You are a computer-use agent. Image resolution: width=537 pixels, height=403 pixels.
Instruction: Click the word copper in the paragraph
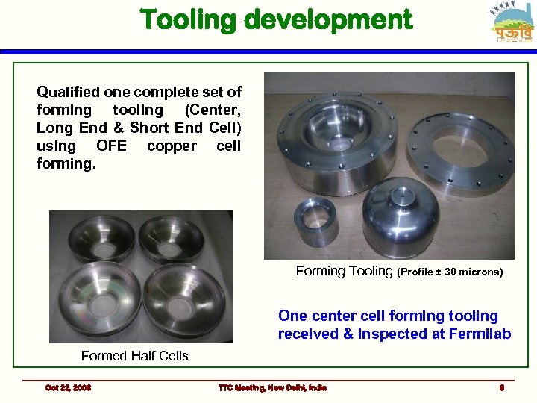[172, 146]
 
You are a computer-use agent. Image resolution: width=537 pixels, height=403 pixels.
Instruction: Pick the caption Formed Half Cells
[134, 356]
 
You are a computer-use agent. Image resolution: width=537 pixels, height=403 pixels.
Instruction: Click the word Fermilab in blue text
[480, 334]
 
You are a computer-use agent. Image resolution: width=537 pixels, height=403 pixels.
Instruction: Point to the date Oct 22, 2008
[68, 387]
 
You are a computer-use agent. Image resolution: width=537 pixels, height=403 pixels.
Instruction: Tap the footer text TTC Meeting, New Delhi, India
[272, 387]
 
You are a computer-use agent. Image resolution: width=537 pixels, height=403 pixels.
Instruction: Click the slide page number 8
[503, 387]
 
